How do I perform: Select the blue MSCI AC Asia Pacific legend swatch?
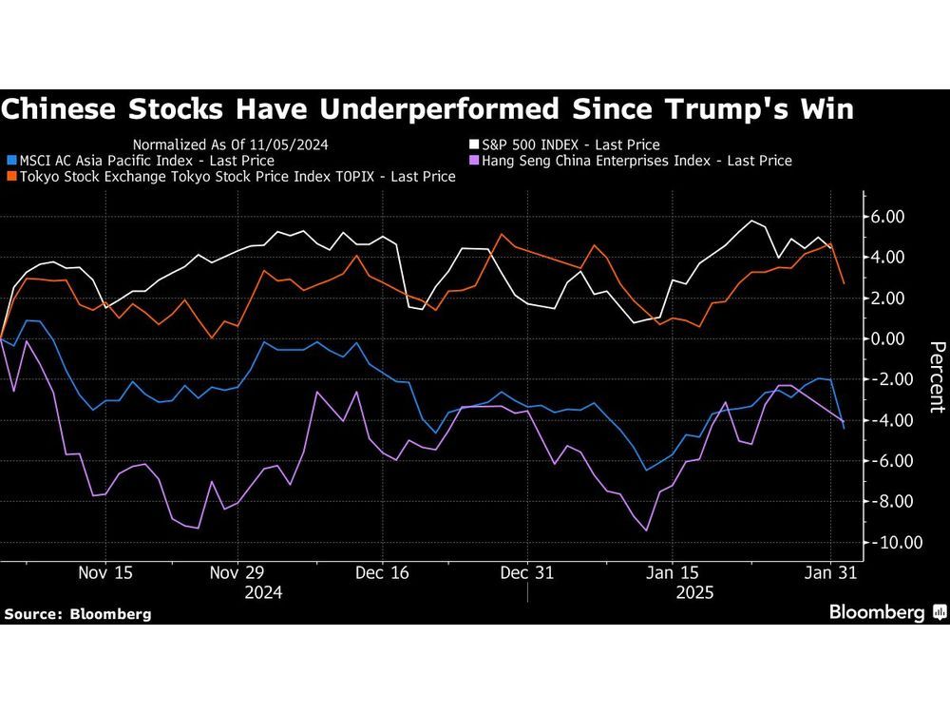[10, 161]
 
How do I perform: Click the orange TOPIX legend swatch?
[10, 177]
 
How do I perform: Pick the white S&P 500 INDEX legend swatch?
[472, 145]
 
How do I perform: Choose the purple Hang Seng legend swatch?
[472, 161]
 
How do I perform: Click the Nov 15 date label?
[104, 573]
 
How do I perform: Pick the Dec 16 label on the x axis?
[381, 573]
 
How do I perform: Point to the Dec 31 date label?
[526, 573]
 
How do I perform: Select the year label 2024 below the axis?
[263, 591]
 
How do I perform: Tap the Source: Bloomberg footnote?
[77, 614]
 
